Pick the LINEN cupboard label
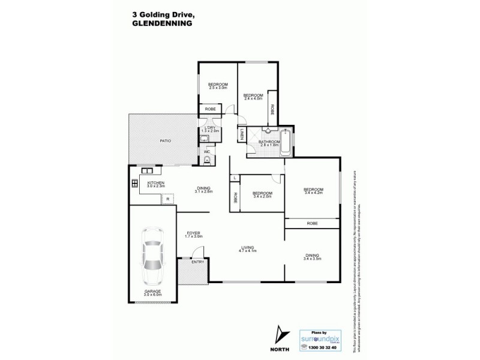(x=242, y=135)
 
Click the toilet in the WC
(x=207, y=160)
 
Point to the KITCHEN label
(x=155, y=184)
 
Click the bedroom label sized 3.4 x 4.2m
(x=314, y=191)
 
